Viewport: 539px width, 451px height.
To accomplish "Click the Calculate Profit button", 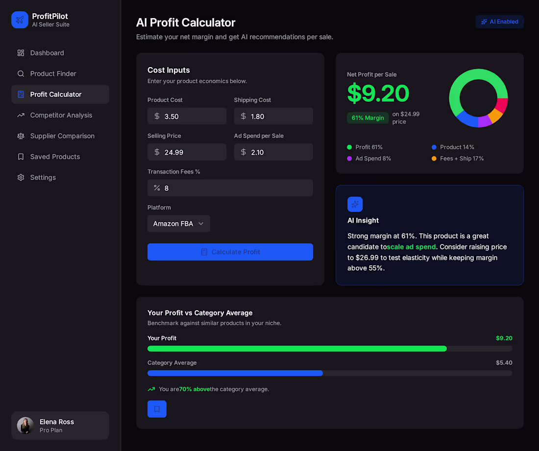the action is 230,252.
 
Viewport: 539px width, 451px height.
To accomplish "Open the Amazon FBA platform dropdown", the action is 179,224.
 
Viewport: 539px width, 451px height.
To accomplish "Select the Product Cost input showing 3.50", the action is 187,116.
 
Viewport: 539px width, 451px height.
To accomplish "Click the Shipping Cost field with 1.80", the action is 273,116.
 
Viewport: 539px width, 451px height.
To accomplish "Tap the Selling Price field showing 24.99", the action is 187,152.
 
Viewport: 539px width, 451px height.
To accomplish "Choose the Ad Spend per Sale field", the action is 273,152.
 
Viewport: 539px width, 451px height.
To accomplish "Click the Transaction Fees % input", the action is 230,188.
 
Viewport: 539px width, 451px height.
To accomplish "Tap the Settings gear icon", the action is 21,178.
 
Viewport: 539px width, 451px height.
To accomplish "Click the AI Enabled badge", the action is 499,22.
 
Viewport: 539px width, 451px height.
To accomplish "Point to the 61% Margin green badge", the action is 367,118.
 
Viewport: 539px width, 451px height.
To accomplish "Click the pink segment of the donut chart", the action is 502,105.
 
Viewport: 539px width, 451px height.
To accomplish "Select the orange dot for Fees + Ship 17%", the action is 434,158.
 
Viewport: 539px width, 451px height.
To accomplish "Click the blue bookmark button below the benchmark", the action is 157,409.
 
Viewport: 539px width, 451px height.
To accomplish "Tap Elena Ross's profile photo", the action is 25,426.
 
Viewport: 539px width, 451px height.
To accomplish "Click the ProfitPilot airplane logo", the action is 20,20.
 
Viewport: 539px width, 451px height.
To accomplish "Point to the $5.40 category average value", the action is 504,363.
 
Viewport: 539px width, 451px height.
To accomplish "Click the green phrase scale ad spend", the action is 411,247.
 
